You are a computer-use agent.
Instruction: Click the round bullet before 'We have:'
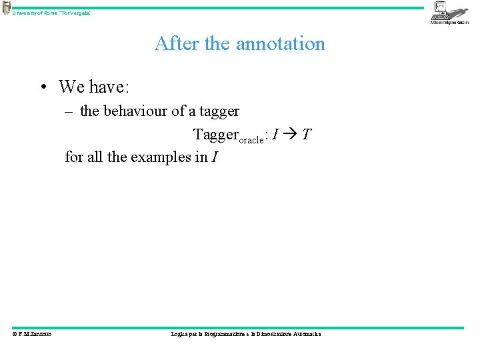(42, 87)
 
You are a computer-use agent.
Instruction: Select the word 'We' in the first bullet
(71, 87)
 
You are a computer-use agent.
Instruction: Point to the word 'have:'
(111, 87)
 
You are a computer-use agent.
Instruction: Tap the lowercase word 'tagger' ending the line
(219, 111)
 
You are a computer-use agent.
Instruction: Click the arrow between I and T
(291, 135)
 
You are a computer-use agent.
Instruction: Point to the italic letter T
(305, 135)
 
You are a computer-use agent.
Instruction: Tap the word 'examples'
(160, 158)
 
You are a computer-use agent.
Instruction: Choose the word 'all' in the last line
(95, 158)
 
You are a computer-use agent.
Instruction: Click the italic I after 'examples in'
(214, 158)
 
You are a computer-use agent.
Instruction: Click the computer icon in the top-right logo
(441, 8)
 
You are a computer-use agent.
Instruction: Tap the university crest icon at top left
(6, 7)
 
